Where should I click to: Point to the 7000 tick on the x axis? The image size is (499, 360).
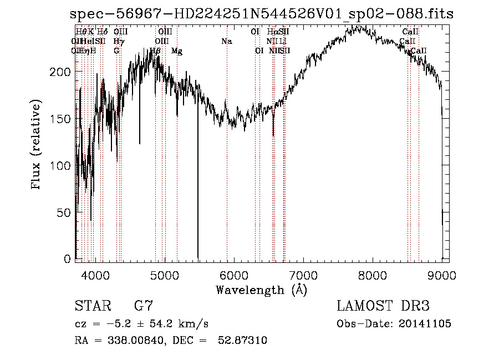tap(303, 275)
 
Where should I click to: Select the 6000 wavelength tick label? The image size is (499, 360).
tap(234, 275)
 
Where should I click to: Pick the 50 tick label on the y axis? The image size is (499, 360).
tap(64, 212)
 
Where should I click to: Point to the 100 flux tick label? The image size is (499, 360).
tap(62, 166)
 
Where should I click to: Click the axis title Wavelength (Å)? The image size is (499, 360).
tap(261, 290)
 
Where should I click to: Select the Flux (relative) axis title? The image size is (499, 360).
tap(37, 146)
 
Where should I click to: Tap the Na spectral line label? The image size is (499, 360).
tap(226, 41)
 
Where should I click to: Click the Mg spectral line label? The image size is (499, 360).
tap(177, 51)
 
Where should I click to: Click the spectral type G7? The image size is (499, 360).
tap(143, 306)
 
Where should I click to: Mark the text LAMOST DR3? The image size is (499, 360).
tap(383, 306)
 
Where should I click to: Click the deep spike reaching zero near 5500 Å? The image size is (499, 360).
tap(198, 222)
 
